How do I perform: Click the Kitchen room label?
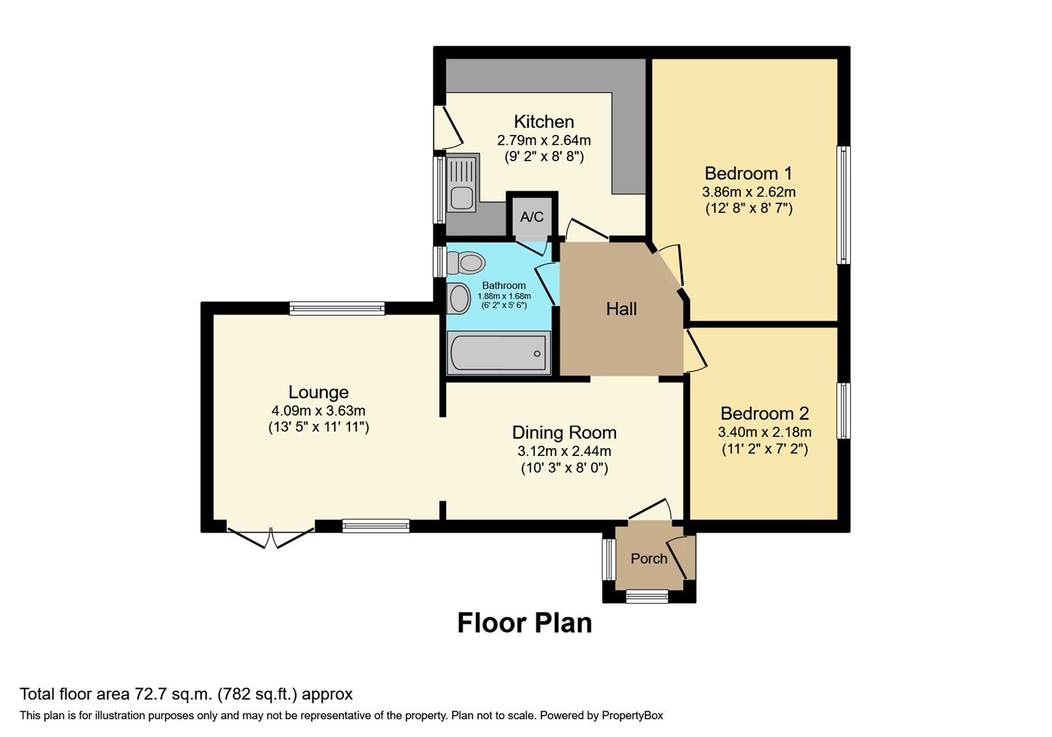(x=544, y=122)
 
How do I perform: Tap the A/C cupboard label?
(x=532, y=217)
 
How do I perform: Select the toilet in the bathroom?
(x=467, y=263)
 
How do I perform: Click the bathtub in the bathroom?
(x=499, y=353)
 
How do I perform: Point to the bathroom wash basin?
(x=458, y=299)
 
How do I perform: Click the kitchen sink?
(x=462, y=197)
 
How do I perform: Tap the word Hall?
(x=621, y=309)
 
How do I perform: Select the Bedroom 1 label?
(x=748, y=173)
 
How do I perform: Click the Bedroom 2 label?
(x=764, y=414)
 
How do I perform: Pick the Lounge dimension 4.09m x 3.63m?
(x=318, y=411)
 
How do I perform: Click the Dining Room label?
(x=564, y=433)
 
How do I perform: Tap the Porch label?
(x=649, y=559)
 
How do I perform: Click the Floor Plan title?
(x=524, y=623)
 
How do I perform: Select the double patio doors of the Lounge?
(x=271, y=536)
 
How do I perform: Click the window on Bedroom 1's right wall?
(x=843, y=205)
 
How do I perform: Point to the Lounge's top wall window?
(x=337, y=308)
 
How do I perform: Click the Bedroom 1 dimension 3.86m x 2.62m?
(x=748, y=192)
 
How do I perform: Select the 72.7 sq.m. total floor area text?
(x=174, y=695)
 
